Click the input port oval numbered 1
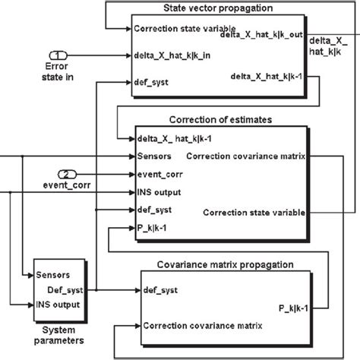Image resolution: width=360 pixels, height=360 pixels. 59,55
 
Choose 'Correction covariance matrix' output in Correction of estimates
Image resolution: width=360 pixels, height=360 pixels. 244,156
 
